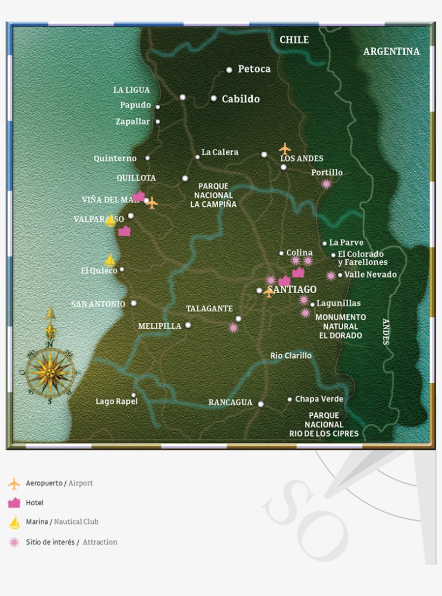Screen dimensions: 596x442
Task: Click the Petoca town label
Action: click(x=254, y=69)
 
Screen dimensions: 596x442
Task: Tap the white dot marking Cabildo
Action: click(x=213, y=98)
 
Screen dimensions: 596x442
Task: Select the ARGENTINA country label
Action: click(x=391, y=52)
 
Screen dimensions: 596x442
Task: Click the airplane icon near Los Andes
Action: click(x=285, y=148)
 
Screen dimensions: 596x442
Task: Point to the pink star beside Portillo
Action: click(x=326, y=184)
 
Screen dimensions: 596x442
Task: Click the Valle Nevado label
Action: click(x=370, y=275)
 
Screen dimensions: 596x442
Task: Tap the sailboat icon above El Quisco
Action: click(x=110, y=260)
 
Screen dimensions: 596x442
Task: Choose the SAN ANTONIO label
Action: click(x=98, y=304)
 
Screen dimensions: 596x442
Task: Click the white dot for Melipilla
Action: click(x=188, y=325)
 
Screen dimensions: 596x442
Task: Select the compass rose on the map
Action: click(x=50, y=371)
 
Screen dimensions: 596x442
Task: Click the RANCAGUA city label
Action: click(x=230, y=403)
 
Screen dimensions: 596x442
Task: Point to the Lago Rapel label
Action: click(x=116, y=402)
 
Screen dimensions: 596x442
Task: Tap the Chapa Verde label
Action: click(x=319, y=399)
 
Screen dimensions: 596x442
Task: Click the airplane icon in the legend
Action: click(x=14, y=483)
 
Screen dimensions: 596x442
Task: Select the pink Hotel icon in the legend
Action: click(x=14, y=503)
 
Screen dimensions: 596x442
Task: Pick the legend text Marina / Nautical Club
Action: click(x=62, y=522)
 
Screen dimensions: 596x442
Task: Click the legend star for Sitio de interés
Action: click(x=14, y=542)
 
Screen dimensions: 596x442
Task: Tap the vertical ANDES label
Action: click(x=386, y=331)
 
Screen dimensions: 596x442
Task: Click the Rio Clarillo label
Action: click(x=291, y=356)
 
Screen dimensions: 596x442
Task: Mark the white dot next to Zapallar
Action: click(x=157, y=121)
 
